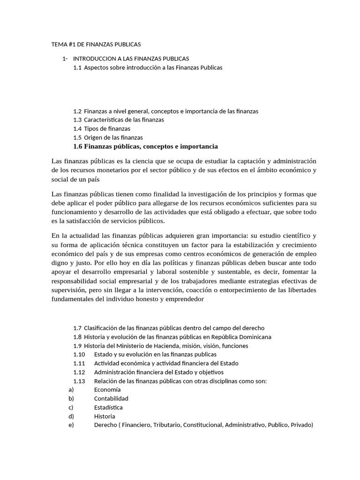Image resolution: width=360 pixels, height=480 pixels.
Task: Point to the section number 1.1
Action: tap(77, 67)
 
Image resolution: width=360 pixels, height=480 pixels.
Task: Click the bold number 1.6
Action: tap(78, 147)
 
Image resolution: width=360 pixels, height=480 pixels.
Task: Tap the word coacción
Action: tap(202, 290)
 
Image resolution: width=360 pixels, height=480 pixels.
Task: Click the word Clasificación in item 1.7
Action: tap(104, 328)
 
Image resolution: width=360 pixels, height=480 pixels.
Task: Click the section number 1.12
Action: tap(79, 372)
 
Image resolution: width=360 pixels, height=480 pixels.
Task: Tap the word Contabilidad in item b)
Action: tap(111, 398)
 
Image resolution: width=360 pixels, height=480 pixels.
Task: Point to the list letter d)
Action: tap(71, 416)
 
